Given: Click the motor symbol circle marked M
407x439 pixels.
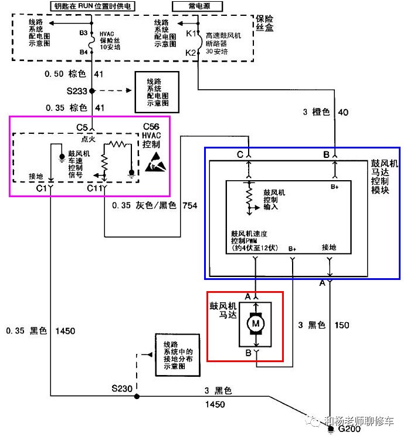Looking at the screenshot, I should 256,323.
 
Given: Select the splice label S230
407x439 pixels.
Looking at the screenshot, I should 123,388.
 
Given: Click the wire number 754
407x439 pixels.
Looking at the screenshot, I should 189,205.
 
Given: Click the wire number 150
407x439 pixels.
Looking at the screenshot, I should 342,325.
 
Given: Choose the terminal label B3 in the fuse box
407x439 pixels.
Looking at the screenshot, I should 83,33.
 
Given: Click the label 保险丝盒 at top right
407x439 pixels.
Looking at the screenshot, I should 266,23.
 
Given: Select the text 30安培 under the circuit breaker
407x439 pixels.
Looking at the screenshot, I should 217,52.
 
